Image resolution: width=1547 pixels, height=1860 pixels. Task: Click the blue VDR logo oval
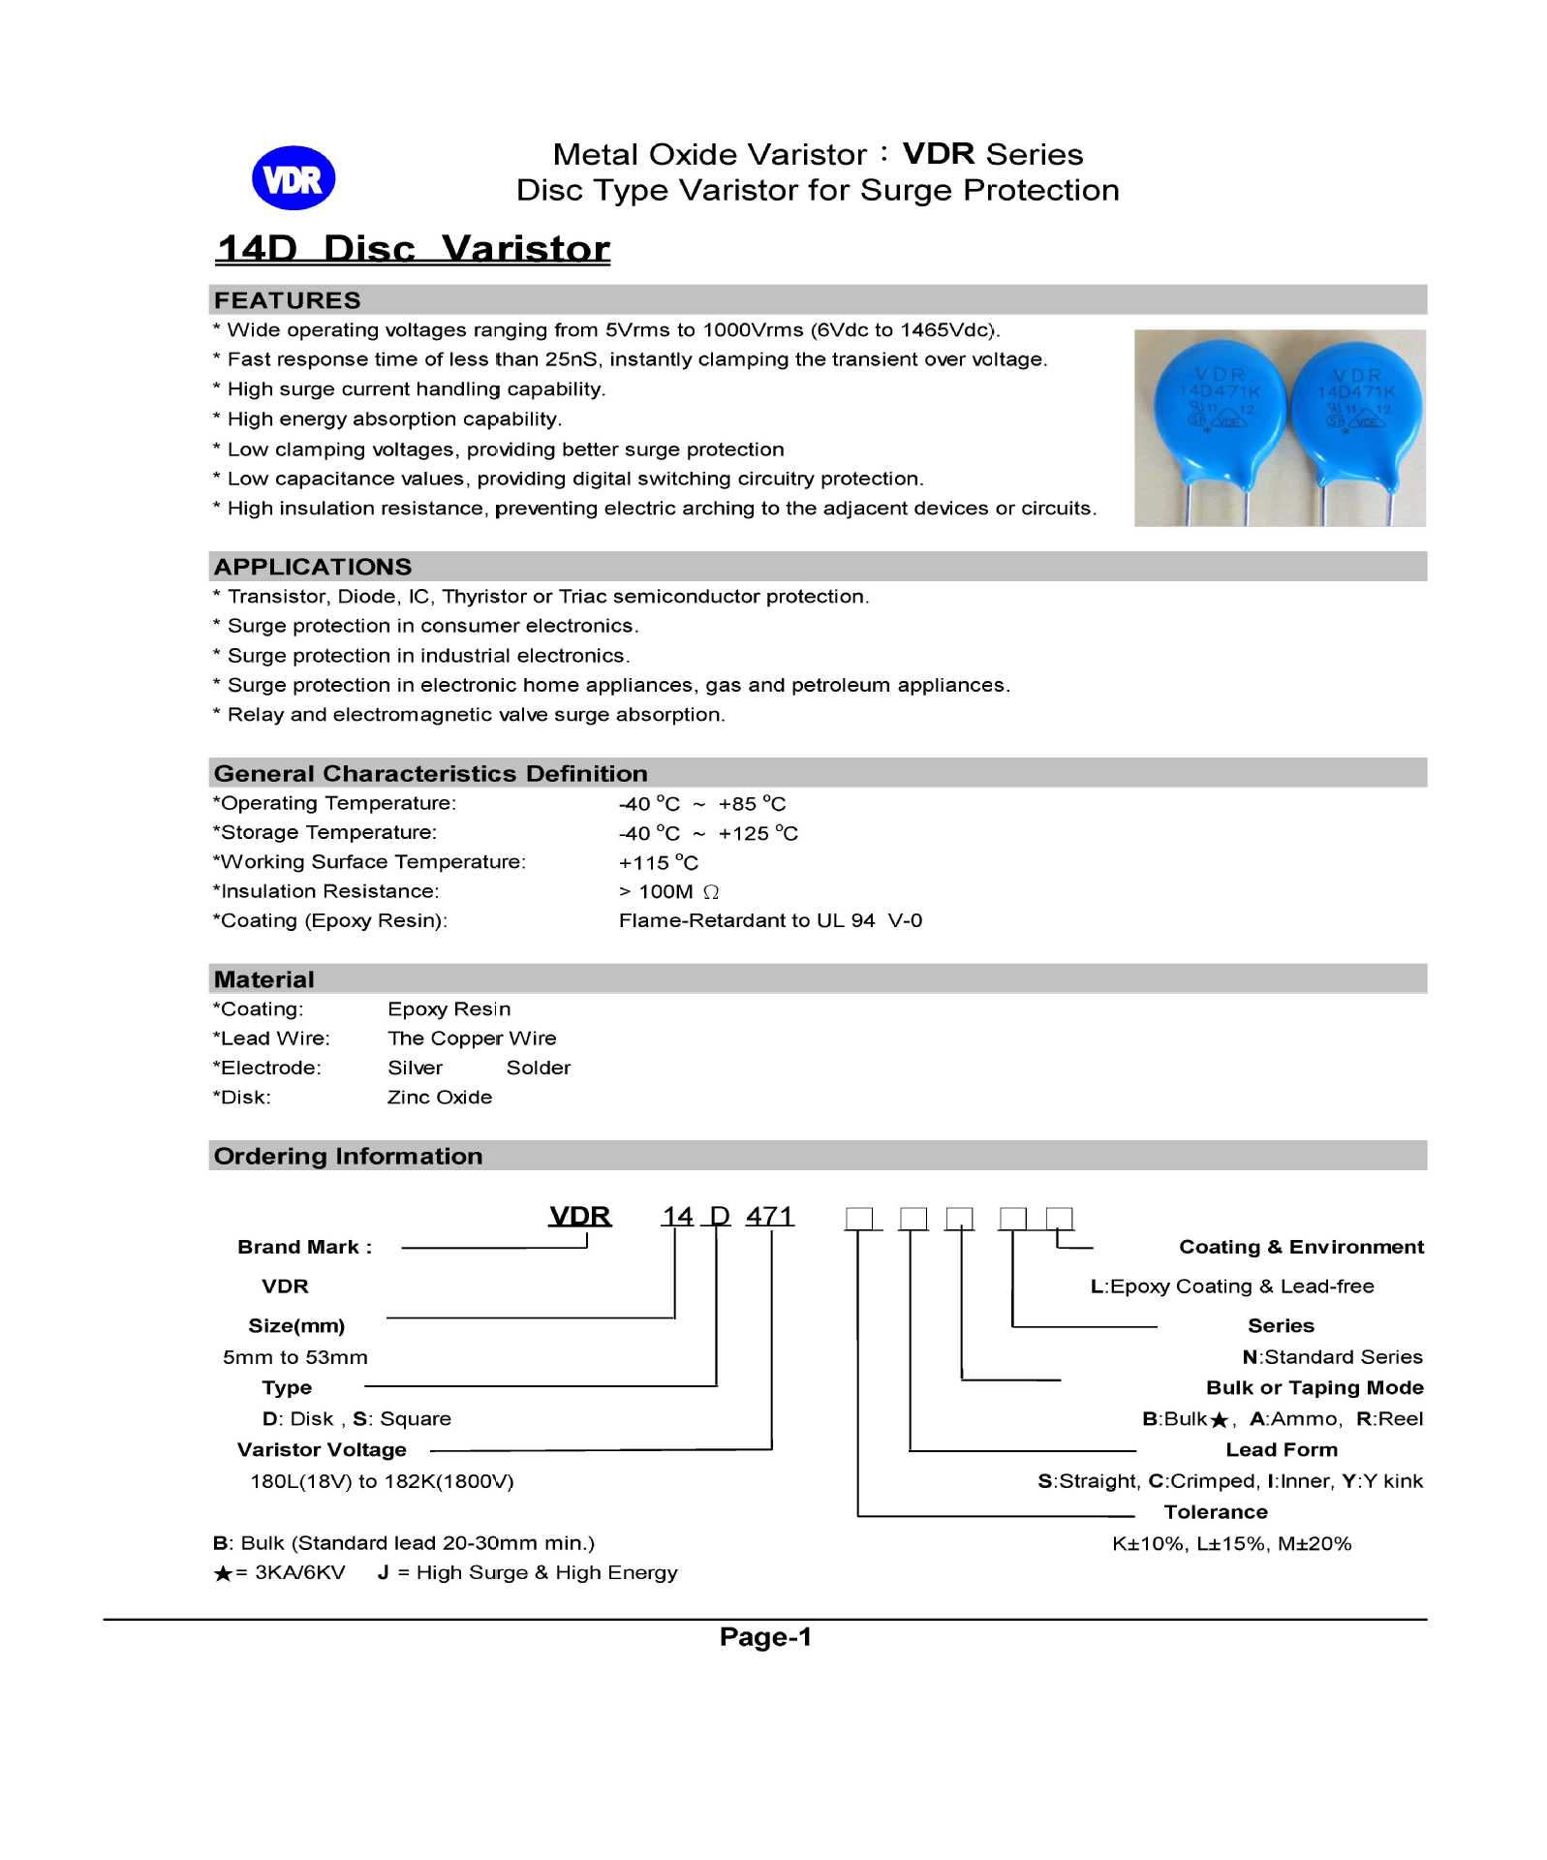point(293,178)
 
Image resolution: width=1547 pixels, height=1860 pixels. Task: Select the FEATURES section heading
point(287,300)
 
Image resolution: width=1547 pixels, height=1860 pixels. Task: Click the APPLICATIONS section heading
point(313,567)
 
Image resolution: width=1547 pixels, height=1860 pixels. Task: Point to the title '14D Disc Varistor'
point(414,249)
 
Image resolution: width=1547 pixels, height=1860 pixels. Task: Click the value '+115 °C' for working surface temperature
point(658,862)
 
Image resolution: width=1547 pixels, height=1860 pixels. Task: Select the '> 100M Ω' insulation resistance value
point(668,891)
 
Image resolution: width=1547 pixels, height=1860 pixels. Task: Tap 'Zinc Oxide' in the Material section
point(440,1097)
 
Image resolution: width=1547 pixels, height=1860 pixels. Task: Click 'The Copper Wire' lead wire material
point(472,1038)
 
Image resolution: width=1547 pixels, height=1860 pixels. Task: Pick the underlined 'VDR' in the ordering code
point(579,1216)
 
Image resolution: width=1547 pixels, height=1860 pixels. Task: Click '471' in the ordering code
point(769,1216)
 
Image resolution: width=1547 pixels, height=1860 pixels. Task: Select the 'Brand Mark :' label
point(304,1247)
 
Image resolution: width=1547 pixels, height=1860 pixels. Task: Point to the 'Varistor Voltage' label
point(322,1449)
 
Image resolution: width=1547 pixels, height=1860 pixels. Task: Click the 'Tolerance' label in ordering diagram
point(1215,1511)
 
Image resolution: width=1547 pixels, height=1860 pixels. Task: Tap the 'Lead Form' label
point(1281,1449)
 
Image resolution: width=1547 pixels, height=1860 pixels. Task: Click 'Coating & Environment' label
point(1301,1247)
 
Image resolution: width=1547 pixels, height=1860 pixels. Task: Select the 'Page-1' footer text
point(765,1637)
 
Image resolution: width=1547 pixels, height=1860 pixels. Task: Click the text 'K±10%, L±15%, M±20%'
point(1231,1543)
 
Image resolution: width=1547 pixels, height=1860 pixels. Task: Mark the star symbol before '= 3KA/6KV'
point(223,1573)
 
